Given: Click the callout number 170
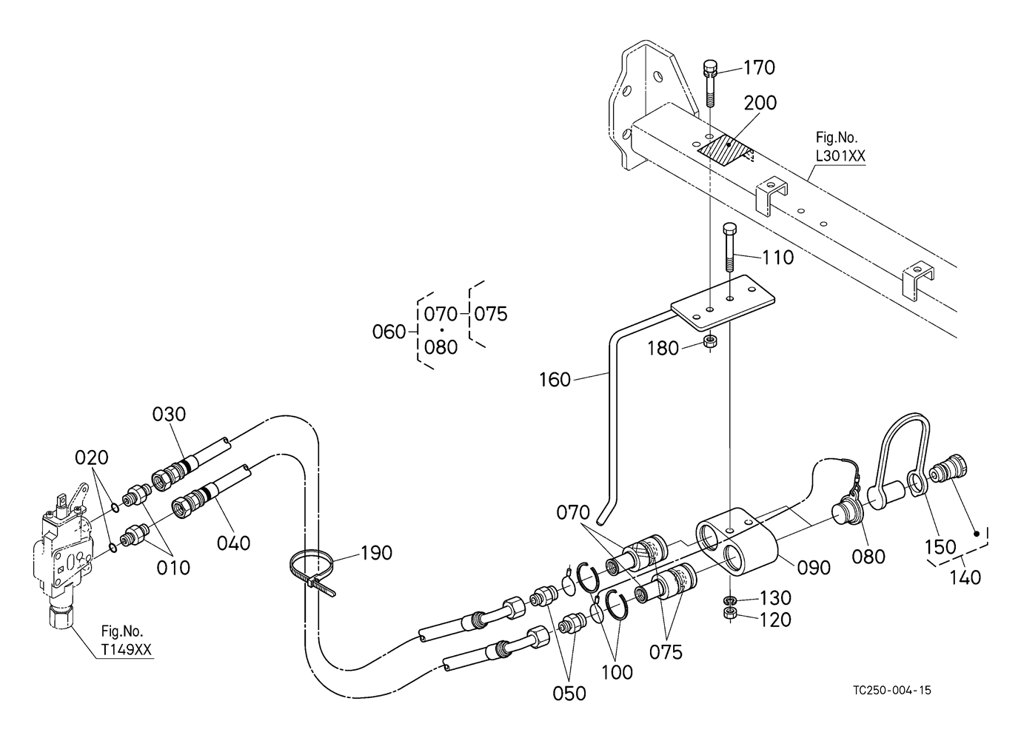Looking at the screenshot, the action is pyautogui.click(x=760, y=68).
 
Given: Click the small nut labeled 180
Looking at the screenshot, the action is pyautogui.click(x=710, y=341).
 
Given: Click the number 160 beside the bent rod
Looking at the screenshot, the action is pyautogui.click(x=555, y=380).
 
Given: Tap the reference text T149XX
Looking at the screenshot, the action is pyautogui.click(x=126, y=649).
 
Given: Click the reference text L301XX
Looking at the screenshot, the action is pyautogui.click(x=840, y=156).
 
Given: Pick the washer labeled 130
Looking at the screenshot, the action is pyautogui.click(x=729, y=600).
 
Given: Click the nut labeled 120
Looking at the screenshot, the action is pyautogui.click(x=729, y=613).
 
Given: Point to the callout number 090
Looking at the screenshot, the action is pyautogui.click(x=814, y=568).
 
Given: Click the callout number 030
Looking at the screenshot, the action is pyautogui.click(x=169, y=415).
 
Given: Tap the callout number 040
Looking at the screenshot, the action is pyautogui.click(x=233, y=543).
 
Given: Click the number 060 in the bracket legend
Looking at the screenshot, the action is pyautogui.click(x=389, y=332).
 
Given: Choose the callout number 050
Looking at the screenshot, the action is pyautogui.click(x=569, y=694).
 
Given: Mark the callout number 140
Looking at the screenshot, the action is pyautogui.click(x=965, y=578).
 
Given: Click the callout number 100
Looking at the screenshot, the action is pyautogui.click(x=617, y=672).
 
